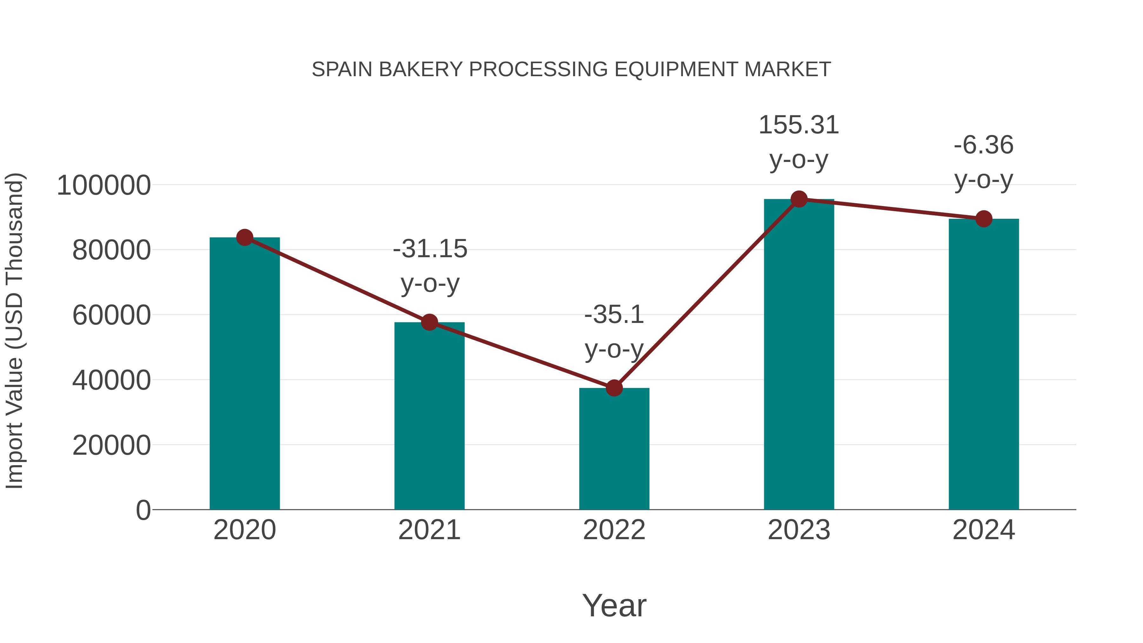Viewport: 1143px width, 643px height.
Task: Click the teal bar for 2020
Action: point(244,377)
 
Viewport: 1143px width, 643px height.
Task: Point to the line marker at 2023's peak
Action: point(799,199)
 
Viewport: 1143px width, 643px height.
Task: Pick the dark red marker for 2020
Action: point(244,238)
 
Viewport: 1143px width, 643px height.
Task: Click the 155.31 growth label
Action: point(799,125)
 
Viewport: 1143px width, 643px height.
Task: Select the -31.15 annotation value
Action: point(430,249)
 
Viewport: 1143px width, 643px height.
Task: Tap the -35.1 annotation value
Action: point(614,315)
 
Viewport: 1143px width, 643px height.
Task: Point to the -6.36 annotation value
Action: point(984,145)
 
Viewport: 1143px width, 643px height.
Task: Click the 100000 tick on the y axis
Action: point(104,185)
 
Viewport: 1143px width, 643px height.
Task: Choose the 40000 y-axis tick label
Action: point(111,380)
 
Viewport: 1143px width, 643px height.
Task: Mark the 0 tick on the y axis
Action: point(143,510)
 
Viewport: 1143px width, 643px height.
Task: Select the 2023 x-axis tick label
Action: point(799,530)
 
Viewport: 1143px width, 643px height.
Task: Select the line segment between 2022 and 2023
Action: point(706,294)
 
